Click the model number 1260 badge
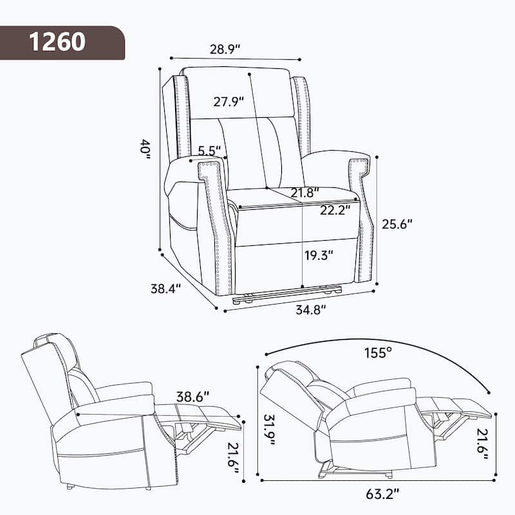pos(57,42)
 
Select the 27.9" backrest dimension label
pos(228,101)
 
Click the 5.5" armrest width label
pos(210,151)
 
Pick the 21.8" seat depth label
pos(304,193)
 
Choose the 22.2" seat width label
pos(335,209)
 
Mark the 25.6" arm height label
pos(397,223)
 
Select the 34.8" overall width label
pos(310,310)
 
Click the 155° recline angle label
pos(377,353)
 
